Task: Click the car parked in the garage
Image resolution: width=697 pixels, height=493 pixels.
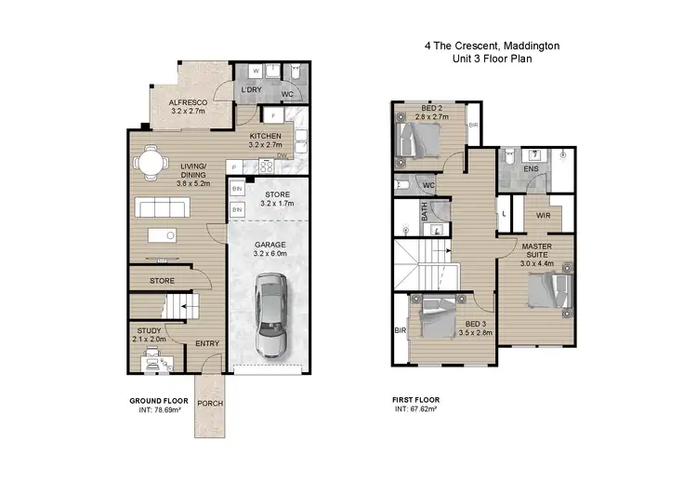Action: [269, 316]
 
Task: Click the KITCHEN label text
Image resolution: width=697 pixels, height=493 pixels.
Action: [266, 136]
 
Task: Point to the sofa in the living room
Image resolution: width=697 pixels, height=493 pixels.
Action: [169, 207]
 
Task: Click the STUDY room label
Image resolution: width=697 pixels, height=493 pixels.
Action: [150, 329]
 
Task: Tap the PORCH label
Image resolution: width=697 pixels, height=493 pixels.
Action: [209, 403]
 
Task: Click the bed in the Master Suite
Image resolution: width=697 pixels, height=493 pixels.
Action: [547, 291]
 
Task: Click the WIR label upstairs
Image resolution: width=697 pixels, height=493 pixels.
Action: [545, 215]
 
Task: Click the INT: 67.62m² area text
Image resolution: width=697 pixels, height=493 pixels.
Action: [416, 407]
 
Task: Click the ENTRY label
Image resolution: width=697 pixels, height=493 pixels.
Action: [207, 343]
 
